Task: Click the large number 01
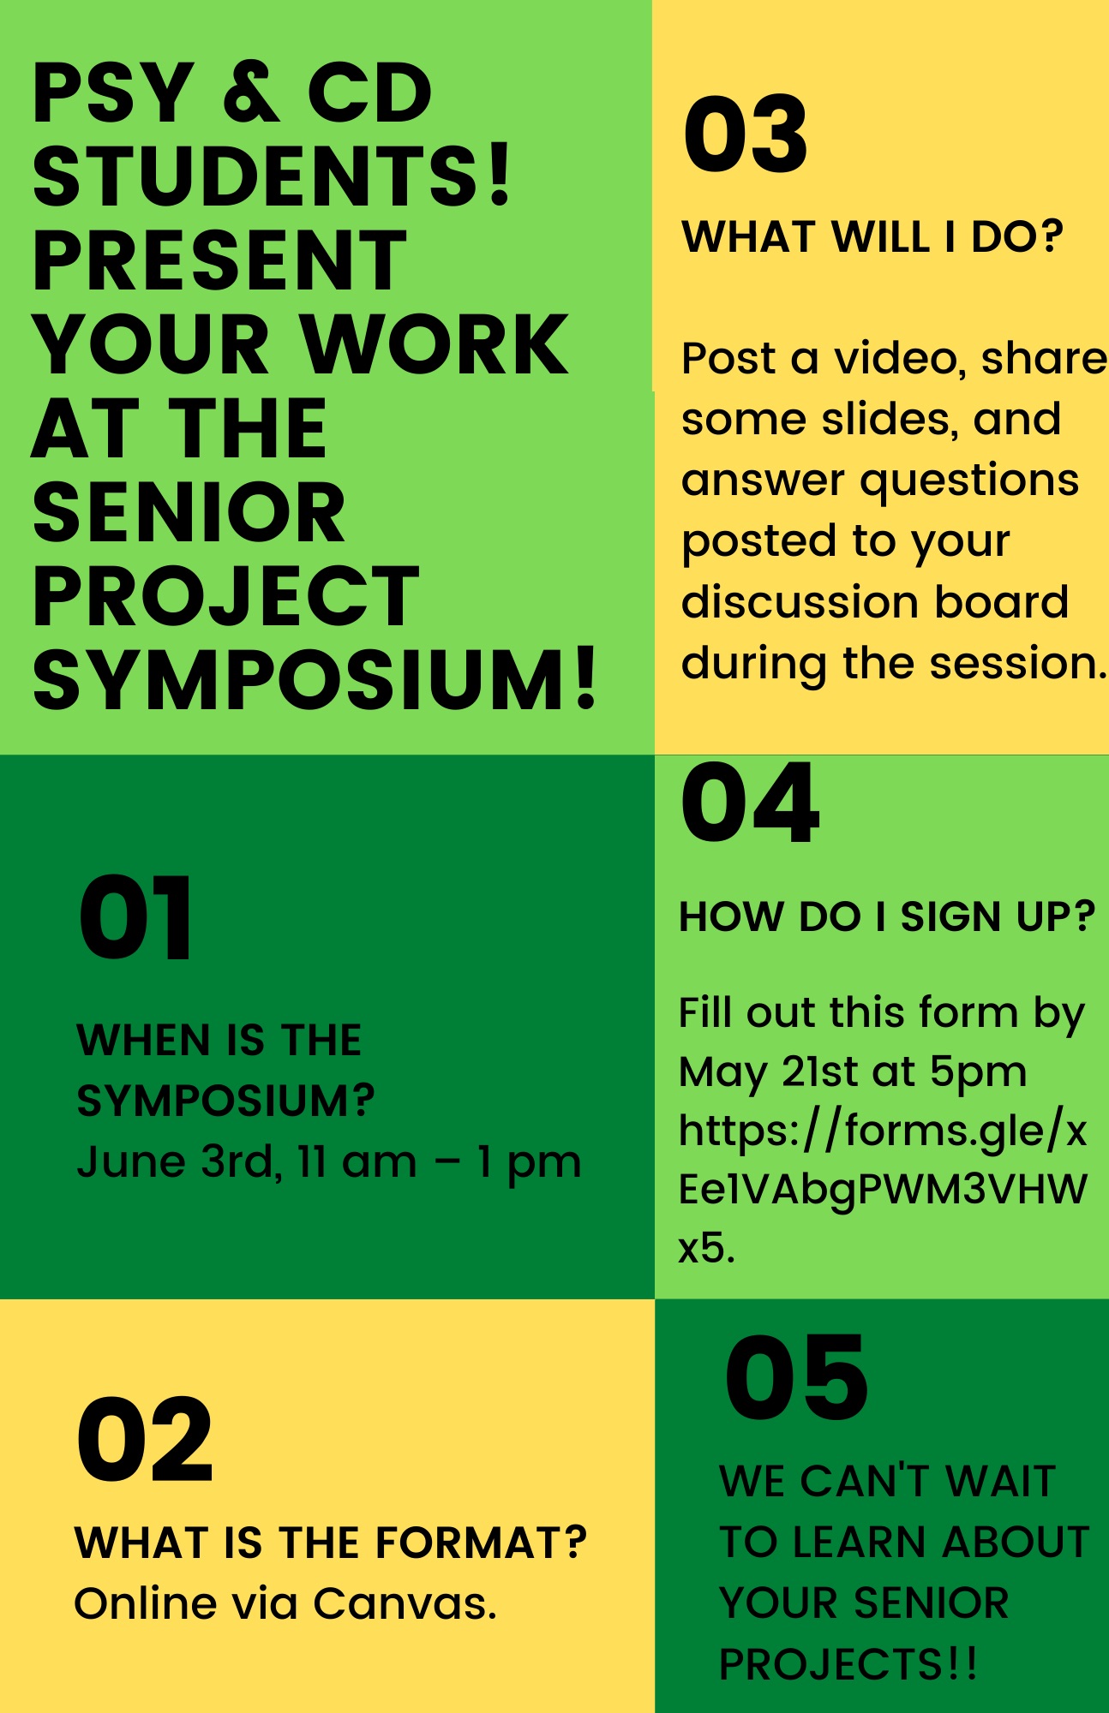click(x=135, y=918)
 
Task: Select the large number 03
click(x=746, y=134)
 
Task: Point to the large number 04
click(x=750, y=803)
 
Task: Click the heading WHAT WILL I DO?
click(x=872, y=236)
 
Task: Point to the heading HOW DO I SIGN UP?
click(x=887, y=916)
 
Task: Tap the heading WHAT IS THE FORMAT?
click(x=331, y=1543)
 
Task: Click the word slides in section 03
click(x=890, y=419)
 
